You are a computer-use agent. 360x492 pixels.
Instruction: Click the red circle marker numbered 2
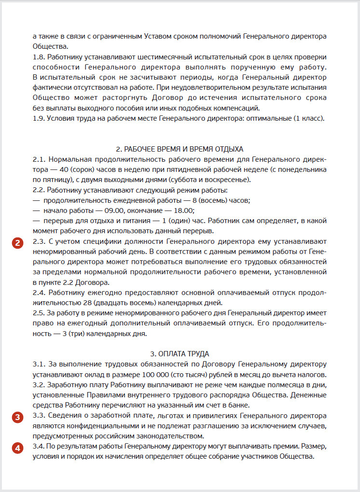pos(17,243)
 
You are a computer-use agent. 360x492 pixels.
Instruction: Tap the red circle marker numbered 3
pos(17,418)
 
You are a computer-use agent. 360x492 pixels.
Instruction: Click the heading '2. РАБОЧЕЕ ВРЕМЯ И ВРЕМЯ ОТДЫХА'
pos(180,149)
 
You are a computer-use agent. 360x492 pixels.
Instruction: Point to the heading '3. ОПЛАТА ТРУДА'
pos(180,354)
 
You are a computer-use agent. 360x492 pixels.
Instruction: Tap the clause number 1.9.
pos(39,118)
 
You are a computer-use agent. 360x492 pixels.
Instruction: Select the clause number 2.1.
pos(39,159)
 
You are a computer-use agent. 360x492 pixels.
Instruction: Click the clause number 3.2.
pos(39,384)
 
